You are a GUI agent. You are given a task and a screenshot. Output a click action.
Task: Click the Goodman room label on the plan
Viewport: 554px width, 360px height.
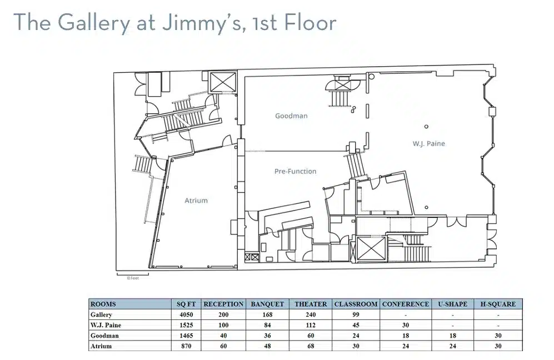coord(291,116)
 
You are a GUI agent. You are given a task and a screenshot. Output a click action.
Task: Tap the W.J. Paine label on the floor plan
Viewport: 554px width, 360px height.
coord(428,143)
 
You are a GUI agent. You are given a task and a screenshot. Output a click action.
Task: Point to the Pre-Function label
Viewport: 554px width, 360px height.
coord(296,171)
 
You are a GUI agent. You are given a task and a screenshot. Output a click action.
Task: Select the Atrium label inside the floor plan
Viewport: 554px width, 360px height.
coord(196,201)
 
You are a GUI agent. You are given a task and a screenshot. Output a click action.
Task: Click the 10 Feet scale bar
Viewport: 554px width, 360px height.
coord(132,273)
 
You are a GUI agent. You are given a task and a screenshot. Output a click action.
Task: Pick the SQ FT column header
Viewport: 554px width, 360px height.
coord(186,304)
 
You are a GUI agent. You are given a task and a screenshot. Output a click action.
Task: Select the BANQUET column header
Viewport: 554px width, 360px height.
coord(267,304)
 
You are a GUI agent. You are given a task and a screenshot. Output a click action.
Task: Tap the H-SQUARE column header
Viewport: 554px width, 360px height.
coord(498,304)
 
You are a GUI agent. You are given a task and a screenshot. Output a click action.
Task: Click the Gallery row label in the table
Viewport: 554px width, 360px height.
coord(101,314)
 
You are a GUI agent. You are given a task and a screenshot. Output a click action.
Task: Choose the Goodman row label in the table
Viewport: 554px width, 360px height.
coord(104,336)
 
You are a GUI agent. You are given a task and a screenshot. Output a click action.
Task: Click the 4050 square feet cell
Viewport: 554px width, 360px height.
coord(186,314)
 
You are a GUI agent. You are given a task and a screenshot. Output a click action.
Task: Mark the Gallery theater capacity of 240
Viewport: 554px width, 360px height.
coord(311,314)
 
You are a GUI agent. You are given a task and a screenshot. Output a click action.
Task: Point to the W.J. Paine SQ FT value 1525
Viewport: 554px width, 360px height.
coord(186,325)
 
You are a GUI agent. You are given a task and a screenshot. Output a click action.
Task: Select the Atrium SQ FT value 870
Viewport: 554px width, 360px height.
coord(186,346)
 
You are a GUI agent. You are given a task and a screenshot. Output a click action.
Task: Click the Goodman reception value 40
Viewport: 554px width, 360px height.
coord(223,336)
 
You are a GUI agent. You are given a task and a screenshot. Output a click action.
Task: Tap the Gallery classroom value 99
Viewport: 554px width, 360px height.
coord(356,314)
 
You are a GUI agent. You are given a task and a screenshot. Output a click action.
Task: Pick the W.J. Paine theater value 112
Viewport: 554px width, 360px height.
coord(311,325)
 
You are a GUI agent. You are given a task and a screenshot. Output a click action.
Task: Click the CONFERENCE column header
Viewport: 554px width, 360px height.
coord(406,304)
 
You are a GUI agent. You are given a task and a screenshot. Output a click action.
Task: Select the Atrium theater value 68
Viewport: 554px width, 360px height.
coord(311,346)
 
